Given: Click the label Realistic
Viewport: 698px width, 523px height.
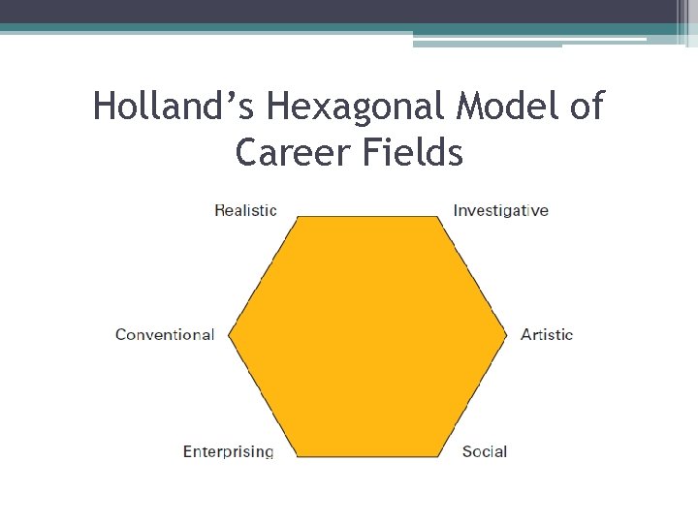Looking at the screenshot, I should [245, 210].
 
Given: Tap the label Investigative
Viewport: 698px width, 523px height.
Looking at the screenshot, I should [500, 210].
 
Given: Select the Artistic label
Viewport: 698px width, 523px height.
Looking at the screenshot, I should [547, 335].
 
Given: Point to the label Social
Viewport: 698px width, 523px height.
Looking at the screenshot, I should [485, 451].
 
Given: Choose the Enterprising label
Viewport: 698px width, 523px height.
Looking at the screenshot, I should [228, 451].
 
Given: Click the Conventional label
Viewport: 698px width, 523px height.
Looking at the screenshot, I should [165, 335].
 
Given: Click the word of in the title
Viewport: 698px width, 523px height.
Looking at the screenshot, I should [586, 107].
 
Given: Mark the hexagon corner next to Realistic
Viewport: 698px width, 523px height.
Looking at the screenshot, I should [297, 217].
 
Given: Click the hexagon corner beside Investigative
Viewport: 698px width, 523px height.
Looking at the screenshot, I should [438, 217].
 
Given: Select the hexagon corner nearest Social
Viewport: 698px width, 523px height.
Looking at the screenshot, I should [439, 456].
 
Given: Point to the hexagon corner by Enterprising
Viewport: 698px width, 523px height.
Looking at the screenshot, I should [297, 456].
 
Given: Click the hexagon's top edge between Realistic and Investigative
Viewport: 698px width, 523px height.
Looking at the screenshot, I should [367, 217].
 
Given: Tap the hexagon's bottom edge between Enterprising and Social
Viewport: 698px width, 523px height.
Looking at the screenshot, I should [367, 456].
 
